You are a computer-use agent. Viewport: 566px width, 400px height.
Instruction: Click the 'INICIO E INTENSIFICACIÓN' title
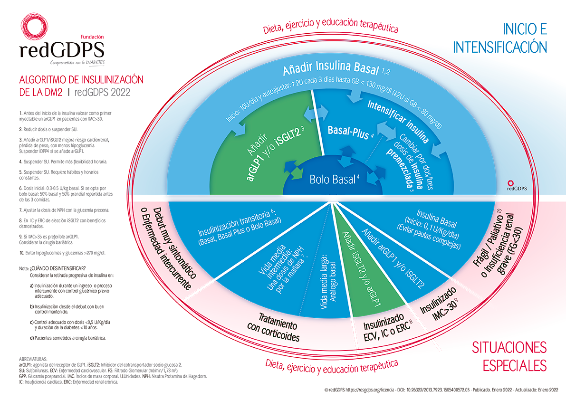click(500, 38)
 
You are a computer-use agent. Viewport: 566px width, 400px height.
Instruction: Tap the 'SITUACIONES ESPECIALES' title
click(509, 356)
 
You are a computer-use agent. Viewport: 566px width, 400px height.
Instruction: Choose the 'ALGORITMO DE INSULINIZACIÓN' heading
click(80, 79)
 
